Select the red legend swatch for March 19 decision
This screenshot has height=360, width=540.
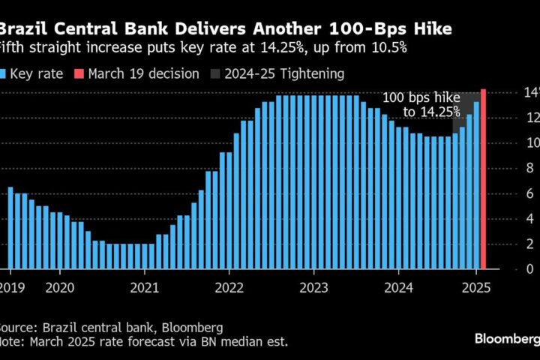click(x=79, y=73)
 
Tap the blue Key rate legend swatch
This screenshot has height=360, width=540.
click(x=4, y=73)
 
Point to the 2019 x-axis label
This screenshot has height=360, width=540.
click(x=10, y=286)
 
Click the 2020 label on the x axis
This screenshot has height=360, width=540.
click(x=61, y=286)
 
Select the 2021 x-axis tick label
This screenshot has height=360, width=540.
click(x=145, y=286)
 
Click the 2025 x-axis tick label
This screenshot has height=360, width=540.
click(x=477, y=286)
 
